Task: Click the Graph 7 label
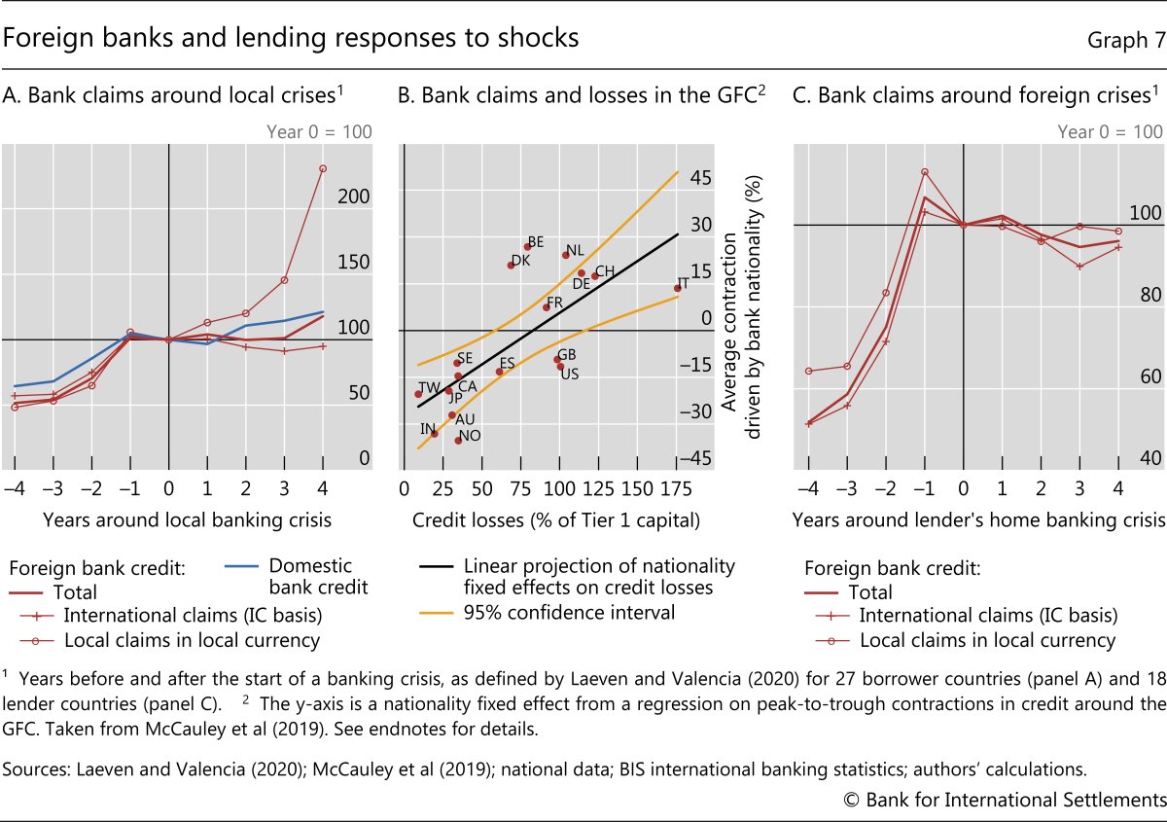[1125, 40]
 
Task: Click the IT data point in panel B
[677, 288]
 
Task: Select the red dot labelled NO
[458, 441]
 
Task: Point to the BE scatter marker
[527, 246]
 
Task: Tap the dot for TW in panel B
[418, 394]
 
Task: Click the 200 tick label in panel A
[356, 197]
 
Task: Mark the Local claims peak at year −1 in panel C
[925, 172]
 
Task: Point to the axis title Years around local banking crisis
[187, 520]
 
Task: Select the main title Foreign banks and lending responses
[292, 38]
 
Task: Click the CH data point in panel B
[594, 276]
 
